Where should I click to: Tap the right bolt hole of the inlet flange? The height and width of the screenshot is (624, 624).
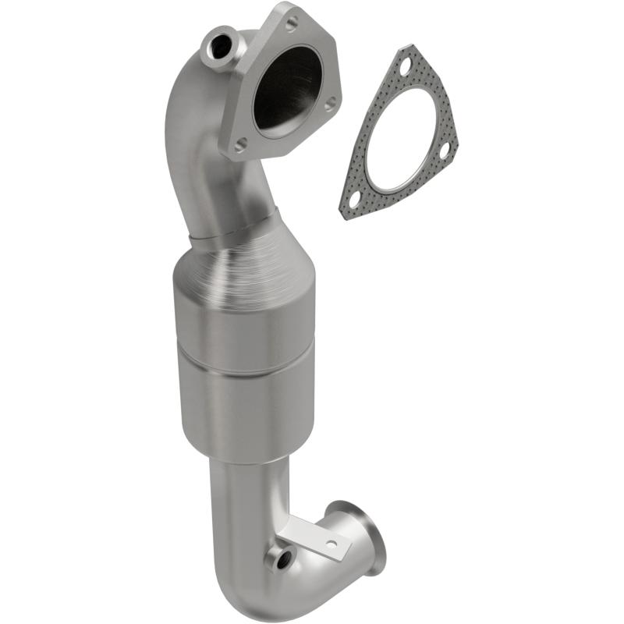tap(331, 102)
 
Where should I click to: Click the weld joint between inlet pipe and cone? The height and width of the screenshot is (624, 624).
tap(234, 226)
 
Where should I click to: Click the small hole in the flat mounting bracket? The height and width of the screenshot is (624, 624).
tap(330, 543)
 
